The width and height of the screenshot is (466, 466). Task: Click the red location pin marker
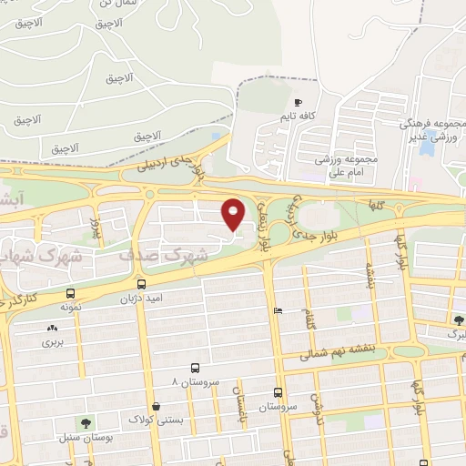pos(234,214)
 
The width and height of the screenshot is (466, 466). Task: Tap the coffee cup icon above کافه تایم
pos(298,102)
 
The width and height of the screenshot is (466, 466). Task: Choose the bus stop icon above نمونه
pos(70,294)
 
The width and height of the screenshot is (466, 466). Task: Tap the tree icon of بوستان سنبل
pos(86,423)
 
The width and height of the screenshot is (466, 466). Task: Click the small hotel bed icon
pos(278,311)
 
